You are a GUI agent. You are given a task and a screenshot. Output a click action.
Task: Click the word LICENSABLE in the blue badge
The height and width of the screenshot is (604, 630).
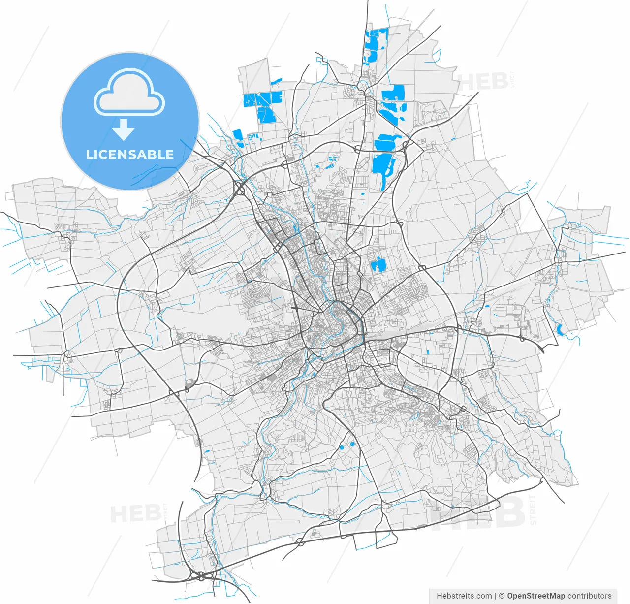pyautogui.click(x=130, y=154)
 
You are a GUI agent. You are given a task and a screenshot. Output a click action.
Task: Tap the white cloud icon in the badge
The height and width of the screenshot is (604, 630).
pyautogui.click(x=129, y=94)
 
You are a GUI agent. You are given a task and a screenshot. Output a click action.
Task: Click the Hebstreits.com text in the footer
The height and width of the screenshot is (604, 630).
pyautogui.click(x=464, y=596)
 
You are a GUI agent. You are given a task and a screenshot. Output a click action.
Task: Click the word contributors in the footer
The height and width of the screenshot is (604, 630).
pyautogui.click(x=590, y=596)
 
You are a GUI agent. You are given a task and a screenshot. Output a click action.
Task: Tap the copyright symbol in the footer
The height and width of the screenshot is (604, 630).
pyautogui.click(x=502, y=596)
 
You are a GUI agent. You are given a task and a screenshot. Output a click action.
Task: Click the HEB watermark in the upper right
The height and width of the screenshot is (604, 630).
pyautogui.click(x=483, y=82)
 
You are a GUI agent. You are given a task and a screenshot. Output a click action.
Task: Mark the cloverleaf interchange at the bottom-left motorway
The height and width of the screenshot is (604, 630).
pyautogui.click(x=201, y=575)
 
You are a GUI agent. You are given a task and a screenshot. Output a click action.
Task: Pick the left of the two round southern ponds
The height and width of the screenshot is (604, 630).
pyautogui.click(x=341, y=448)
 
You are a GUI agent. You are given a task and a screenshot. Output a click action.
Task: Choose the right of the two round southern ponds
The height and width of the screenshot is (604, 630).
pyautogui.click(x=352, y=445)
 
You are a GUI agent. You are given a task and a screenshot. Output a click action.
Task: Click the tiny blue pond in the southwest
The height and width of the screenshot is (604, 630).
pyautogui.click(x=207, y=451)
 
